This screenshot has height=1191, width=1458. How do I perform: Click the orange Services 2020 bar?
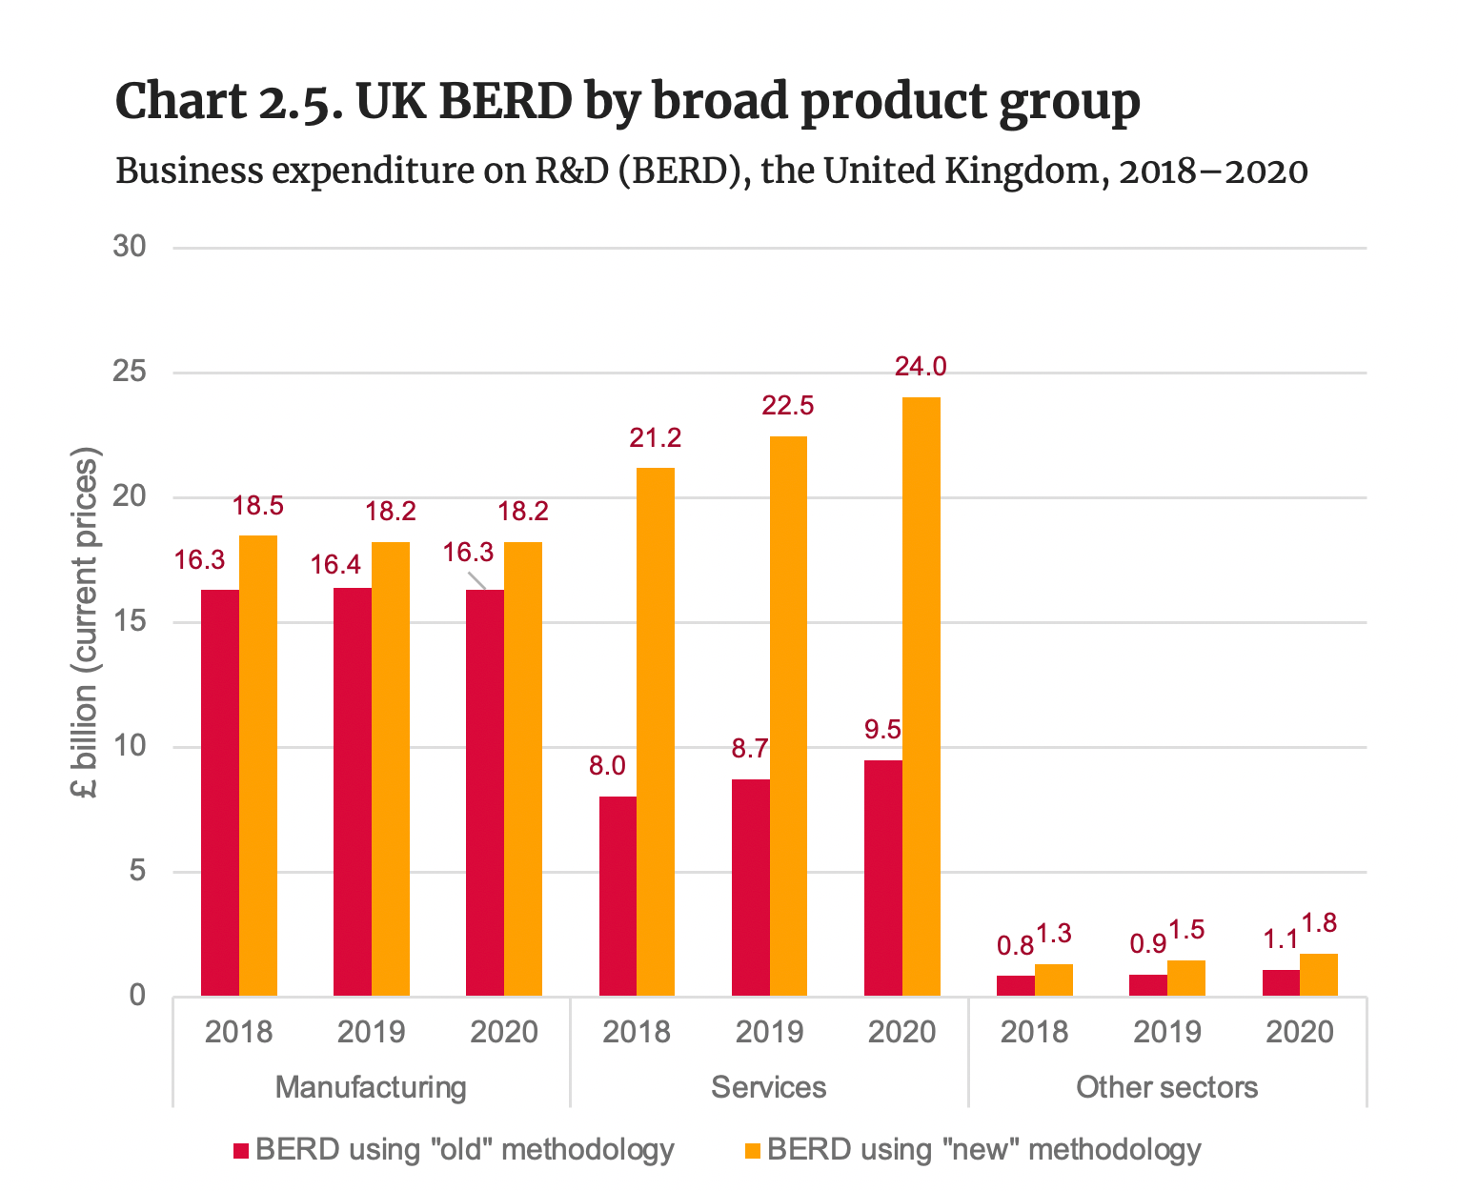point(921,696)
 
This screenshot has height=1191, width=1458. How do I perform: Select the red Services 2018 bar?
point(618,896)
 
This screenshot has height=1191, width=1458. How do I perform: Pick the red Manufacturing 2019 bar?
point(353,792)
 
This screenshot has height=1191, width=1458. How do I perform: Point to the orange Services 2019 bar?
point(788,716)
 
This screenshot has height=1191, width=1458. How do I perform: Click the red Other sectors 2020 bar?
point(1281,983)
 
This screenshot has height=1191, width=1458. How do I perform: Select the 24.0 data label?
point(921,367)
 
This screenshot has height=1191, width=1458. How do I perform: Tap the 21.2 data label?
point(656,438)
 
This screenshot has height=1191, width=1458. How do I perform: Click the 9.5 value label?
point(882,730)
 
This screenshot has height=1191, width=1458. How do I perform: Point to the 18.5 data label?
point(258,506)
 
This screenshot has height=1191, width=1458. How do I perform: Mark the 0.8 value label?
point(1015,945)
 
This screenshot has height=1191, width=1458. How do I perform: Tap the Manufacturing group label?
point(371,1087)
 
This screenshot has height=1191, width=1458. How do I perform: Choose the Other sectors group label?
point(1166,1087)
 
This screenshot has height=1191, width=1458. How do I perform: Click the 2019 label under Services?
point(769,1032)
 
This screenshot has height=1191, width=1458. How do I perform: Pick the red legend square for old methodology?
point(241,1151)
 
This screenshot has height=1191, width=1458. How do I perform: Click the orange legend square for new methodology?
point(753,1151)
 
